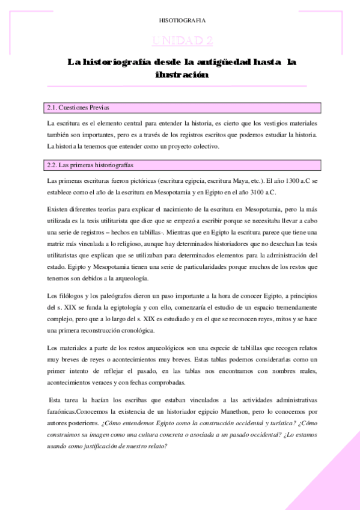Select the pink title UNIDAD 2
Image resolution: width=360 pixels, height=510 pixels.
point(182,40)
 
